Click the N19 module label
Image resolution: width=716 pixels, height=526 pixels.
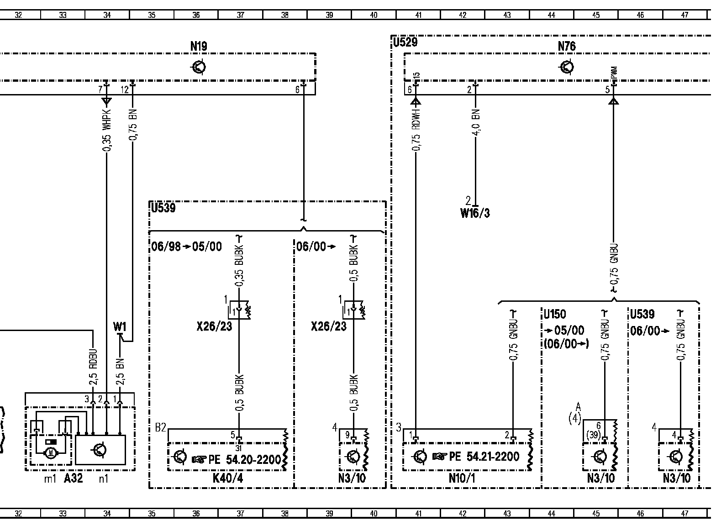click(x=199, y=46)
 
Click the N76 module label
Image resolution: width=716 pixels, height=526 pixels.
click(x=567, y=46)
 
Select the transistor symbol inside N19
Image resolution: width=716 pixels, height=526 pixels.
click(x=199, y=67)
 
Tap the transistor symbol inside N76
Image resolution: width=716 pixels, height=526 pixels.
click(x=567, y=67)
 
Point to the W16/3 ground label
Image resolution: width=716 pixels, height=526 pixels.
click(x=475, y=213)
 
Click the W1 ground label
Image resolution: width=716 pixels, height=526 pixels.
click(x=120, y=326)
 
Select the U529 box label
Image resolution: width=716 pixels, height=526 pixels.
click(x=405, y=42)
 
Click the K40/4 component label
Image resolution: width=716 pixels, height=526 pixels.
click(x=228, y=478)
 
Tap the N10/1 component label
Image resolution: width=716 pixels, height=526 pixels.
click(x=462, y=478)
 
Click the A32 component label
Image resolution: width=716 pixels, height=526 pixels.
click(x=73, y=478)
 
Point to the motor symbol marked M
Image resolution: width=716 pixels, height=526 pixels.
click(x=51, y=452)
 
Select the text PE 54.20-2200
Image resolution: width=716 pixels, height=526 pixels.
click(x=245, y=459)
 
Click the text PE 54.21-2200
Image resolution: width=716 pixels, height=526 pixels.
click(x=484, y=457)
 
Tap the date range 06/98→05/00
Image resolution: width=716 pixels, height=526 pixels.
click(x=187, y=247)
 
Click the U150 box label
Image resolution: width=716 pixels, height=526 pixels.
click(x=555, y=315)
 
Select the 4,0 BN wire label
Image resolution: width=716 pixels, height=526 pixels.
click(x=475, y=122)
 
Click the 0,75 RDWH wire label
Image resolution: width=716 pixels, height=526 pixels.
click(x=416, y=129)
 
